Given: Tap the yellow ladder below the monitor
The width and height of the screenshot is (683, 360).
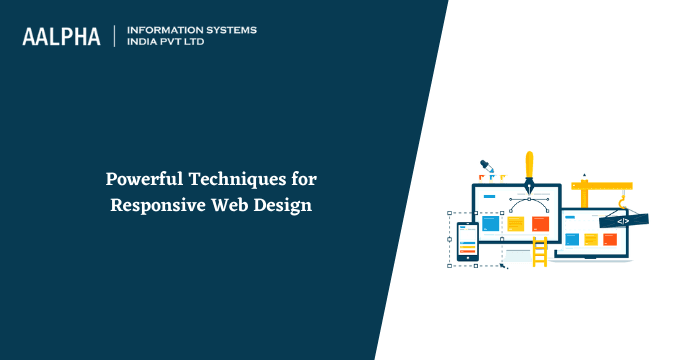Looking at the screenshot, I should click(x=540, y=251).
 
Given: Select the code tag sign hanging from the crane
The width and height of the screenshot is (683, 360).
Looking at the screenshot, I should click(x=622, y=220).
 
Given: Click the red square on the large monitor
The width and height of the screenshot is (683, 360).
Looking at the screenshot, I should click(x=540, y=223).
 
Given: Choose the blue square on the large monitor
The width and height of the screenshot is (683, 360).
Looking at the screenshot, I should click(x=491, y=223).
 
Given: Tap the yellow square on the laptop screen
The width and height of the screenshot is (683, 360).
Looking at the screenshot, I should click(x=591, y=240).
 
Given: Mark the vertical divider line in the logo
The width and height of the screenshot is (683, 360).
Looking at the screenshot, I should click(x=117, y=36).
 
